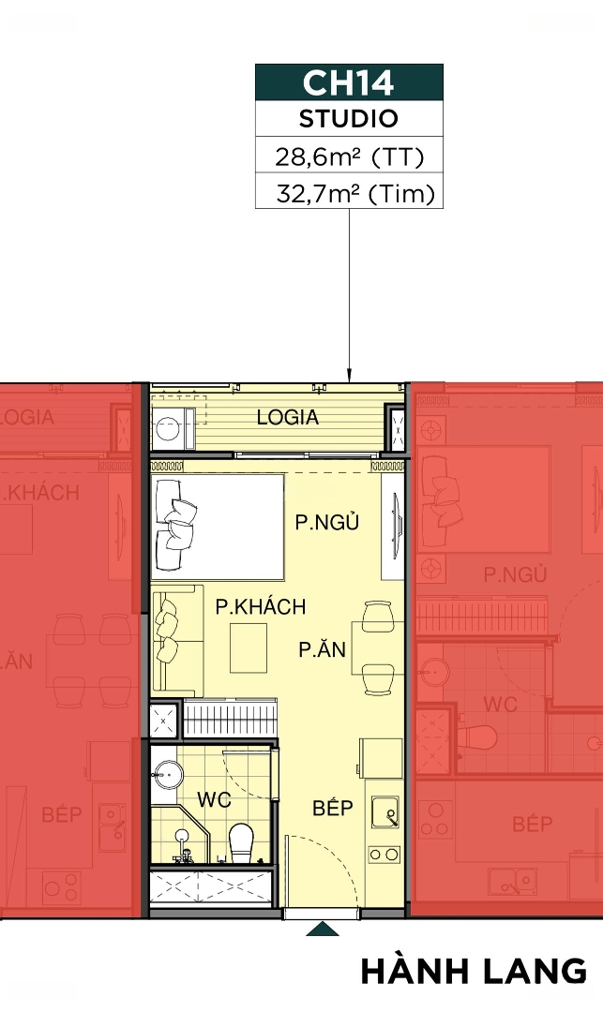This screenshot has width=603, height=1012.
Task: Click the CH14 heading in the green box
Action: click(348, 82)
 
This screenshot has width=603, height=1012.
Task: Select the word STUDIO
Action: click(349, 119)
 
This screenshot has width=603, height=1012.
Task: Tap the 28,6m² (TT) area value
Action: click(349, 156)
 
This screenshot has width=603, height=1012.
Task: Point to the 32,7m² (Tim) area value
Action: click(355, 194)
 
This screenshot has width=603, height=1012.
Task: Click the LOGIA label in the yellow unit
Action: click(287, 418)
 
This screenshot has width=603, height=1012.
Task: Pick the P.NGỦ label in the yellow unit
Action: click(326, 522)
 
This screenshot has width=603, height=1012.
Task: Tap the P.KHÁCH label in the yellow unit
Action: click(260, 606)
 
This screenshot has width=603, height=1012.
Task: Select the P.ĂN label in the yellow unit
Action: click(323, 648)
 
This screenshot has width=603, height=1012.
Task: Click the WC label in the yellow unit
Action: click(215, 799)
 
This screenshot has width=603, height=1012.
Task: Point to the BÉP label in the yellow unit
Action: click(333, 808)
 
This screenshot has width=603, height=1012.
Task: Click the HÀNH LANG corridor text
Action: click(474, 972)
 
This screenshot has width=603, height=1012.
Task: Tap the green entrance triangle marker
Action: click(323, 929)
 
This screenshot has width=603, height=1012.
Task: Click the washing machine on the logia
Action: click(173, 428)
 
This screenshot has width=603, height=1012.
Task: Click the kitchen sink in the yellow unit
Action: click(384, 811)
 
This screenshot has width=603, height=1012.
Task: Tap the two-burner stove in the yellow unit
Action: click(384, 855)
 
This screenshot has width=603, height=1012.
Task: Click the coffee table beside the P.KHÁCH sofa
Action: click(249, 648)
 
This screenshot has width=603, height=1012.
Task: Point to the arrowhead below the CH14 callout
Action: click(349, 376)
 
